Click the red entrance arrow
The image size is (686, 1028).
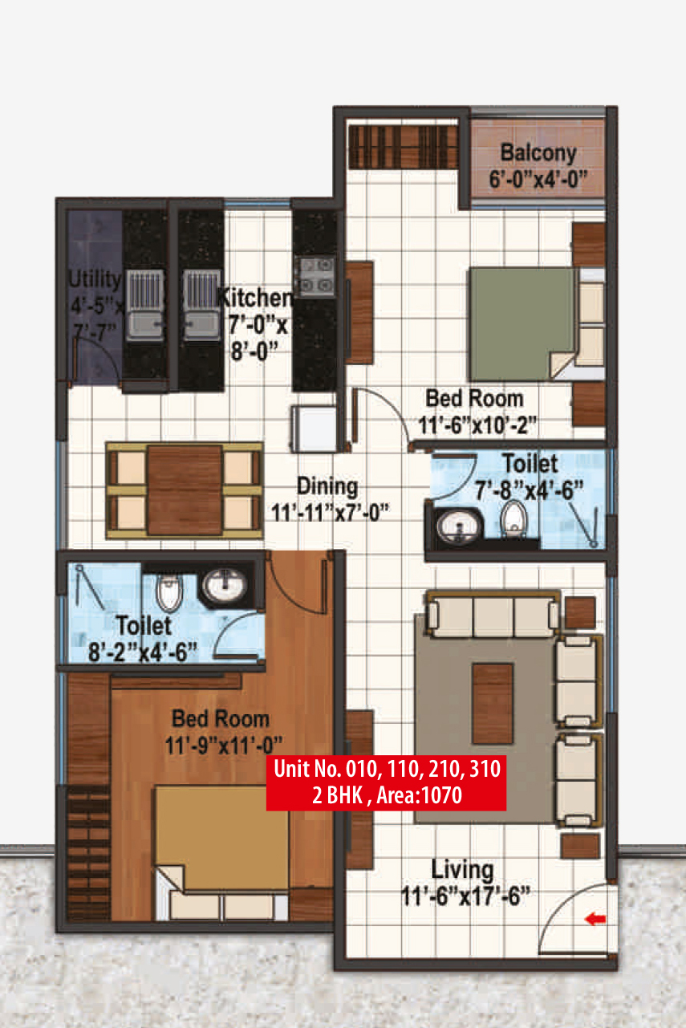pos(595,919)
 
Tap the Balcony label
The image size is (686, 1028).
pos(538,152)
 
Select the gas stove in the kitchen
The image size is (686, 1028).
pos(315,277)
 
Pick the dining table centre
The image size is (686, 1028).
pos(185,490)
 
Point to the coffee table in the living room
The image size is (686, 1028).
pos(493,703)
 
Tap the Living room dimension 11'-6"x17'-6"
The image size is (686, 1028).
pos(465,896)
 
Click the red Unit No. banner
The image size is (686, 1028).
pos(387,782)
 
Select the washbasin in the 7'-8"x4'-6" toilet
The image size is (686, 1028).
pos(459,526)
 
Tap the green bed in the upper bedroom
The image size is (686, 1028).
pos(522,324)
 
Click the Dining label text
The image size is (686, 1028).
pos(327,486)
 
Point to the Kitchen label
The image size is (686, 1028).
pos(255,299)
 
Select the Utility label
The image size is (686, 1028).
pos(95,279)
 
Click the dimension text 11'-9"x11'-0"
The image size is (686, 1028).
pos(224,746)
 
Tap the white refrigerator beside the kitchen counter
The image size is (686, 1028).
pos(314,429)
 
